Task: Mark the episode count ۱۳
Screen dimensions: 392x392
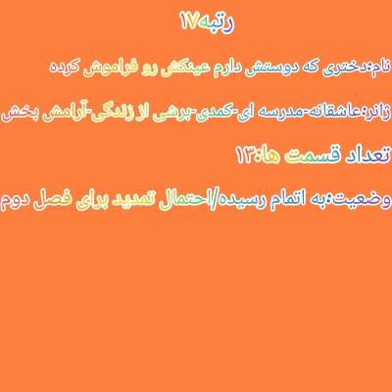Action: (246, 156)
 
